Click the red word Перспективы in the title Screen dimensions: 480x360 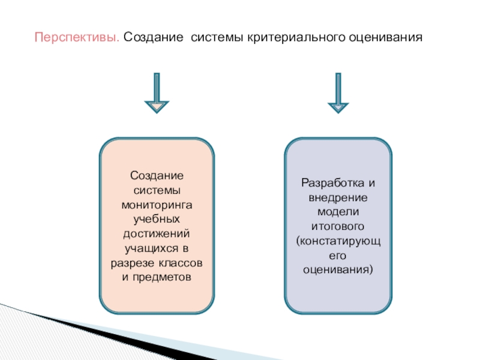pyautogui.click(x=77, y=37)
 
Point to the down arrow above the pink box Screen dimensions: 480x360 pyautogui.click(x=157, y=94)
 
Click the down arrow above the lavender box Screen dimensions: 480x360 pyautogui.click(x=338, y=94)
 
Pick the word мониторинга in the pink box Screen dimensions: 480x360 pyautogui.click(x=157, y=205)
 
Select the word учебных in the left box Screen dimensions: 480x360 pyautogui.click(x=157, y=218)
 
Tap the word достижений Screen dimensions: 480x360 pyautogui.click(x=157, y=233)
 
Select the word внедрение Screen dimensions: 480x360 pyautogui.click(x=338, y=197)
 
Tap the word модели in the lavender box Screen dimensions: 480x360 pyautogui.click(x=338, y=212)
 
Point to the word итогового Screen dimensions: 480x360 pyautogui.click(x=338, y=226)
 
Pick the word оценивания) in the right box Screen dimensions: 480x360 pyautogui.click(x=338, y=270)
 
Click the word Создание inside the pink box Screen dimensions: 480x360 pyautogui.click(x=157, y=175)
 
